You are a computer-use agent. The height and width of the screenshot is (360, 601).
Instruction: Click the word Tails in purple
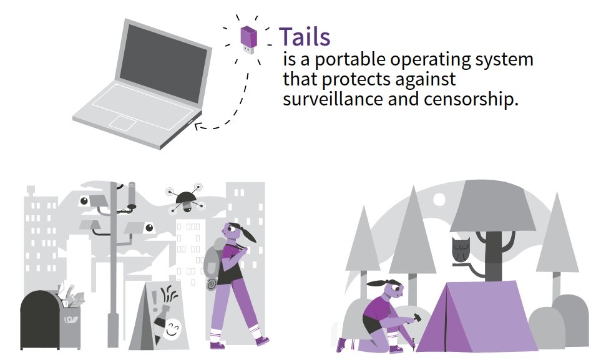pyautogui.click(x=304, y=37)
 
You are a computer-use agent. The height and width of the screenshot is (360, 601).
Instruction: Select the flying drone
pyautogui.click(x=184, y=198)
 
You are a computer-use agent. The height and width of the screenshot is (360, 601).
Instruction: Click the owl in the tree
pyautogui.click(x=461, y=250)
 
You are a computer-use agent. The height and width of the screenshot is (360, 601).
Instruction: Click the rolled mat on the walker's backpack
pyautogui.click(x=212, y=283)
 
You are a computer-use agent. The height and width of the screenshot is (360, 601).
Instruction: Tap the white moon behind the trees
pyautogui.click(x=439, y=199)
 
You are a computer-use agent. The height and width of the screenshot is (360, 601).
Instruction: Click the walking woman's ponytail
pyautogui.click(x=251, y=235)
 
